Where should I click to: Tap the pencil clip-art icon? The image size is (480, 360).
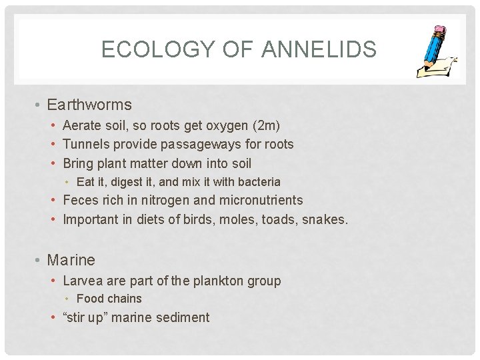coord(437,53)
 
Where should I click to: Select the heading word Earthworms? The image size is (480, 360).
coord(89,105)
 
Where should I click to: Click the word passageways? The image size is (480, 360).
coord(182,144)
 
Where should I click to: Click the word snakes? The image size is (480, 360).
coord(324,219)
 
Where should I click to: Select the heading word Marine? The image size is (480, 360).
coord(71,260)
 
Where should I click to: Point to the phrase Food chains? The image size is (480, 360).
coord(109,299)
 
